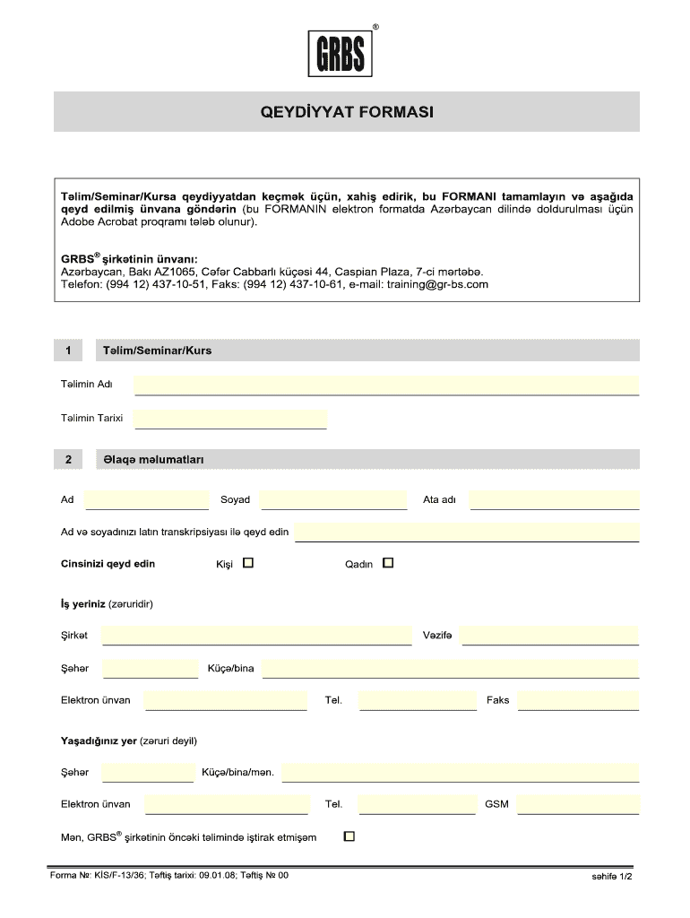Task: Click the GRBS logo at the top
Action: point(341,54)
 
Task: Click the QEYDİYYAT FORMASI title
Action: point(346,113)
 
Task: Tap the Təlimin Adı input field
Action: point(386,385)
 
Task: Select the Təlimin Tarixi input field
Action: point(230,420)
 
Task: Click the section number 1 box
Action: point(68,351)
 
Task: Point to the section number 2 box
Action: point(68,460)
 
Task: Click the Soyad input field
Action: point(332,500)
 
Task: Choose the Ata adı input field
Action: point(554,500)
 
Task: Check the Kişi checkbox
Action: point(248,564)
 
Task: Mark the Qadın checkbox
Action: point(388,564)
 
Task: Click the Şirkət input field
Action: point(256,637)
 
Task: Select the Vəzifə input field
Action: point(549,637)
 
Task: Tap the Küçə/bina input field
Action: point(450,669)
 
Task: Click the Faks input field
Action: point(578,701)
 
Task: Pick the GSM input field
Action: point(578,805)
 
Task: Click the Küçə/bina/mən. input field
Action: point(460,773)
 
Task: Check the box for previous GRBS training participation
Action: point(349,837)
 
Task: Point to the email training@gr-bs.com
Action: point(437,285)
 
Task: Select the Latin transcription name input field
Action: point(466,533)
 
